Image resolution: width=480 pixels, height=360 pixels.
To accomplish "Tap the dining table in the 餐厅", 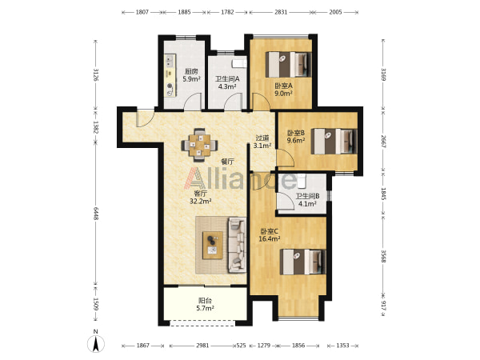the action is pyautogui.click(x=199, y=145).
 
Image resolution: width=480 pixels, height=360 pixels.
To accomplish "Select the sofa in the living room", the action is pyautogui.click(x=237, y=245).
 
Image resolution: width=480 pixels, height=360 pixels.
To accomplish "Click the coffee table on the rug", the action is pyautogui.click(x=213, y=246).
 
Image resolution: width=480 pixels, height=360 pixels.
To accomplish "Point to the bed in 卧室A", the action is pyautogui.click(x=288, y=65).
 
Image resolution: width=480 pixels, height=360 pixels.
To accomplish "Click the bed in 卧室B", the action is pyautogui.click(x=334, y=141).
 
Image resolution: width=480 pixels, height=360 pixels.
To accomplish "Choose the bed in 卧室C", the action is pyautogui.click(x=302, y=262).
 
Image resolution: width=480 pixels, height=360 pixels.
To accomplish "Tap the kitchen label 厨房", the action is pyautogui.click(x=191, y=72).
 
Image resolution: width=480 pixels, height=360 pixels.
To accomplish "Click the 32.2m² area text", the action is pyautogui.click(x=201, y=201).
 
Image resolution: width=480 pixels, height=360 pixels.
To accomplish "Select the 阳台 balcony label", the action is pyautogui.click(x=205, y=301).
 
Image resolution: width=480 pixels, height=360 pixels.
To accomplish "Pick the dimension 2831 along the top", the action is pyautogui.click(x=281, y=12).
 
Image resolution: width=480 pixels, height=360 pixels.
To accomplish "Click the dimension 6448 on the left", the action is pyautogui.click(x=96, y=214).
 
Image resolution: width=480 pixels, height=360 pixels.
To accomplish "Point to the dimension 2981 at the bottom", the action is pyautogui.click(x=202, y=346).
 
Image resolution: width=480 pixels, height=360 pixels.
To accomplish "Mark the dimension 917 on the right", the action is pyautogui.click(x=383, y=305).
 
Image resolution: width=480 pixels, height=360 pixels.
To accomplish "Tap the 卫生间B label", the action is pyautogui.click(x=307, y=196).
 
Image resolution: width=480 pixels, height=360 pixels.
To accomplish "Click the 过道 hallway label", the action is pyautogui.click(x=262, y=138).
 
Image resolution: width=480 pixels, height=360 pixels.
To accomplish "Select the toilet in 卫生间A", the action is pyautogui.click(x=239, y=63).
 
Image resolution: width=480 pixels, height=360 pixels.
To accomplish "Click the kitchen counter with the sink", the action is pyautogui.click(x=170, y=76).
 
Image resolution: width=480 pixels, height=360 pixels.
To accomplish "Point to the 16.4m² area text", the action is pyautogui.click(x=270, y=238).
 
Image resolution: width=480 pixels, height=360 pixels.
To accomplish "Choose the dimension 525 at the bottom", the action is pyautogui.click(x=242, y=346).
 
